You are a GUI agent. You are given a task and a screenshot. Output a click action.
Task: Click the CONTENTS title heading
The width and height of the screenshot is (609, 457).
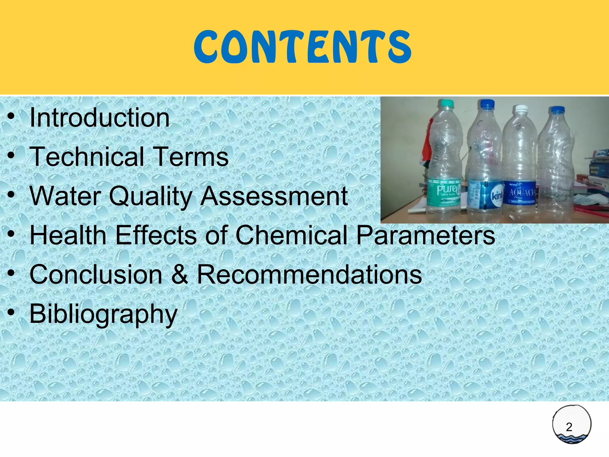[302, 47]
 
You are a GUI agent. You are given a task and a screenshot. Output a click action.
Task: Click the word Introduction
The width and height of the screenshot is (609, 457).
[100, 118]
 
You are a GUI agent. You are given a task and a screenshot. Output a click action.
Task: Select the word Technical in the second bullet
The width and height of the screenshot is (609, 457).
[87, 157]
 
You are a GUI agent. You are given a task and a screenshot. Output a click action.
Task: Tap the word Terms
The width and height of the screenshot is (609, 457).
[192, 157]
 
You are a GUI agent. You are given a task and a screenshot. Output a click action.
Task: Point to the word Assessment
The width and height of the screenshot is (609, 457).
[274, 196]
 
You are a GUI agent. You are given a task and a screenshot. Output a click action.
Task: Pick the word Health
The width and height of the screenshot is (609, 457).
[68, 235]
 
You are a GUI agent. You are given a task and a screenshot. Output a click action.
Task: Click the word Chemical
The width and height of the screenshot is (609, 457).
[291, 235]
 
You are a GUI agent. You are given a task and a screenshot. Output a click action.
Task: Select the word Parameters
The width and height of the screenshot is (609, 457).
[426, 235]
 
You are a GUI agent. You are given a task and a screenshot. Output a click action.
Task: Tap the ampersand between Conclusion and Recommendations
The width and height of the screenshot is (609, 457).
[180, 274]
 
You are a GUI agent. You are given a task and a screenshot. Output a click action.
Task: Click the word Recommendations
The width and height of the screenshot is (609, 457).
[309, 274]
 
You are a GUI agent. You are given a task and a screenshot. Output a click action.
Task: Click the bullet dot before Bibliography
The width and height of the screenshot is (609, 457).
[11, 313]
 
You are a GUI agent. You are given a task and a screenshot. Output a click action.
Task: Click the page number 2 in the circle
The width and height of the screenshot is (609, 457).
[569, 427]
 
